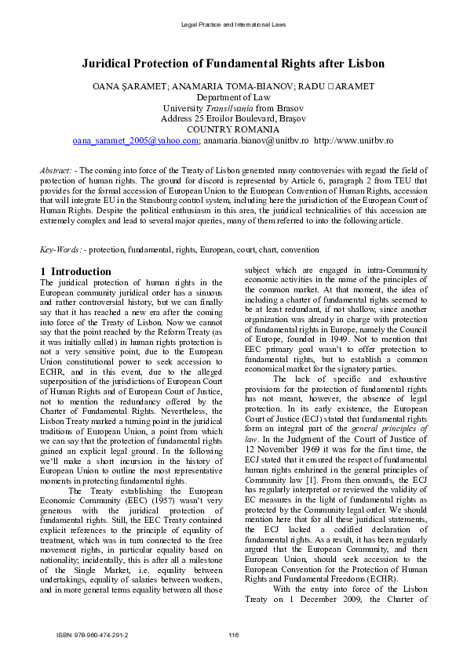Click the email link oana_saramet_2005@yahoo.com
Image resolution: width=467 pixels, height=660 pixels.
(135, 140)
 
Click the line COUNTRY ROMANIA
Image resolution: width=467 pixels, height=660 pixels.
(233, 129)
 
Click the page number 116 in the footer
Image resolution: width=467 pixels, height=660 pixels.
(233, 634)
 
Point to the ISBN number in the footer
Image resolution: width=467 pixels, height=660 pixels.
(93, 634)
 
